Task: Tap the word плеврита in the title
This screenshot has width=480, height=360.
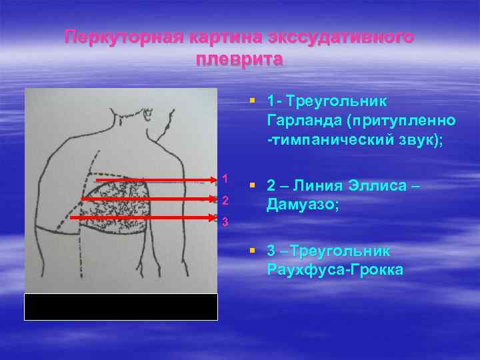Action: (239, 59)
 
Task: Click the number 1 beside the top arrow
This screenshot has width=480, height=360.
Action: (225, 179)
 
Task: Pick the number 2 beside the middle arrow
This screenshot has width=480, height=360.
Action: (225, 201)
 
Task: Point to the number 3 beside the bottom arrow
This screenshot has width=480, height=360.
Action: (225, 222)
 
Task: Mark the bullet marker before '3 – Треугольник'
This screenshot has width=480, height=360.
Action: (252, 251)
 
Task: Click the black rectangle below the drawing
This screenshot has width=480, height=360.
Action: (121, 307)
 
